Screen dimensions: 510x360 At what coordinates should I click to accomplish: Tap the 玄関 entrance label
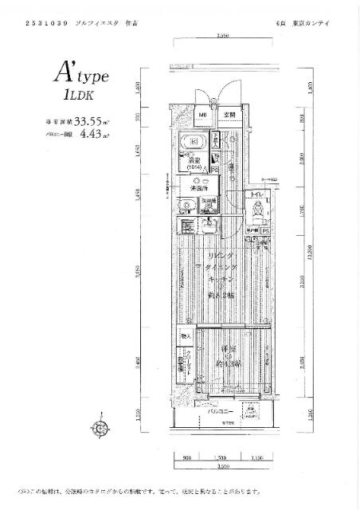coord(229,116)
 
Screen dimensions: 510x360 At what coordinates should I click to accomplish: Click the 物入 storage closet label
coord(185,337)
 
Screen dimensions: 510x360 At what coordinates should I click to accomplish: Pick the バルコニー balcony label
coord(220,411)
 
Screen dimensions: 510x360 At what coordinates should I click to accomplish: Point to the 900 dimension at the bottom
coord(186,459)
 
